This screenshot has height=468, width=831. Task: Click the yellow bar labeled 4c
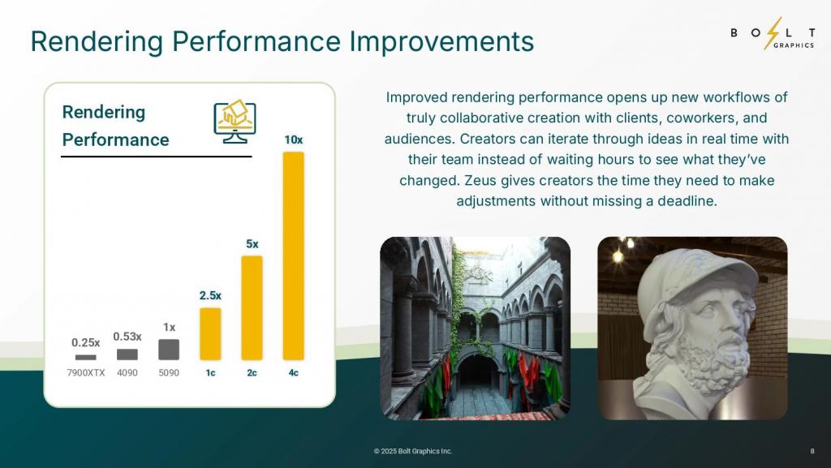(x=294, y=255)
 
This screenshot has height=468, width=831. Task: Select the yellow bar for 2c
(x=252, y=308)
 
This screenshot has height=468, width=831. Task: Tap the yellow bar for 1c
(x=210, y=334)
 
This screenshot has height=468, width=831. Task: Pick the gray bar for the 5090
(x=169, y=350)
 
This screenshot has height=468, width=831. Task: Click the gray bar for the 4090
(x=127, y=354)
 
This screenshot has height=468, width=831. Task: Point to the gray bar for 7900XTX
(x=86, y=358)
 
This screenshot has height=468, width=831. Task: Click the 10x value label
(x=294, y=140)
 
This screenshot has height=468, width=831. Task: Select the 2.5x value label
(x=210, y=296)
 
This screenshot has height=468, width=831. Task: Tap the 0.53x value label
(x=127, y=337)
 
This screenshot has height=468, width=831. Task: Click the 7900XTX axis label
(x=86, y=373)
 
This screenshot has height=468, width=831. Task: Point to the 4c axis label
(x=294, y=373)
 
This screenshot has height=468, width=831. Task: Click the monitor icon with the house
(x=235, y=121)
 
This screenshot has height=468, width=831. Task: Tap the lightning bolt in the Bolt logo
(x=773, y=33)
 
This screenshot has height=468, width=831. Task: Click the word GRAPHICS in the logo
(x=794, y=45)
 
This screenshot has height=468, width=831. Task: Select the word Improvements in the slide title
(x=441, y=41)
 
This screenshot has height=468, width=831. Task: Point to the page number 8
(x=812, y=451)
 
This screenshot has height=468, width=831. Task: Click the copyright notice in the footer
(x=413, y=451)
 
